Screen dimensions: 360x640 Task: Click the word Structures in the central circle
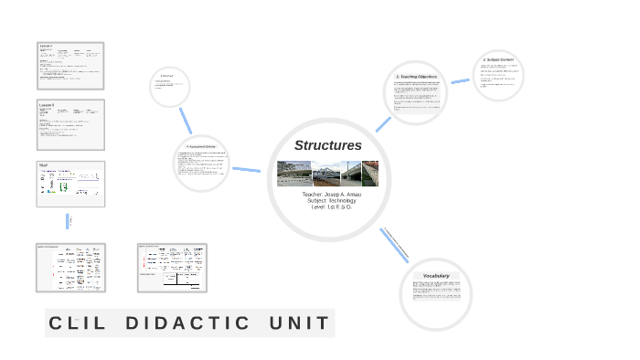click(x=327, y=145)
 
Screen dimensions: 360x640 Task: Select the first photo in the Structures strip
click(x=293, y=174)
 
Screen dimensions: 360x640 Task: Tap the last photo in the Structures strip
click(x=369, y=174)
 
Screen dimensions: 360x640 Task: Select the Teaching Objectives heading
click(x=417, y=77)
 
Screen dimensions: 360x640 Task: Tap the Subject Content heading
click(x=498, y=60)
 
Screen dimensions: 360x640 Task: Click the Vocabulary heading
click(x=436, y=275)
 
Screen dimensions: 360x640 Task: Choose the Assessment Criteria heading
click(x=200, y=146)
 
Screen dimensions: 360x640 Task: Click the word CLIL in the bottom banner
click(x=80, y=323)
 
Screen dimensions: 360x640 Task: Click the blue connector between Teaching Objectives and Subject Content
click(x=460, y=80)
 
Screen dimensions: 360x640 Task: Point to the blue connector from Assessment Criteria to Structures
click(x=246, y=169)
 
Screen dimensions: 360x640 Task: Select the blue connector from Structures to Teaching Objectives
click(x=383, y=123)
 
